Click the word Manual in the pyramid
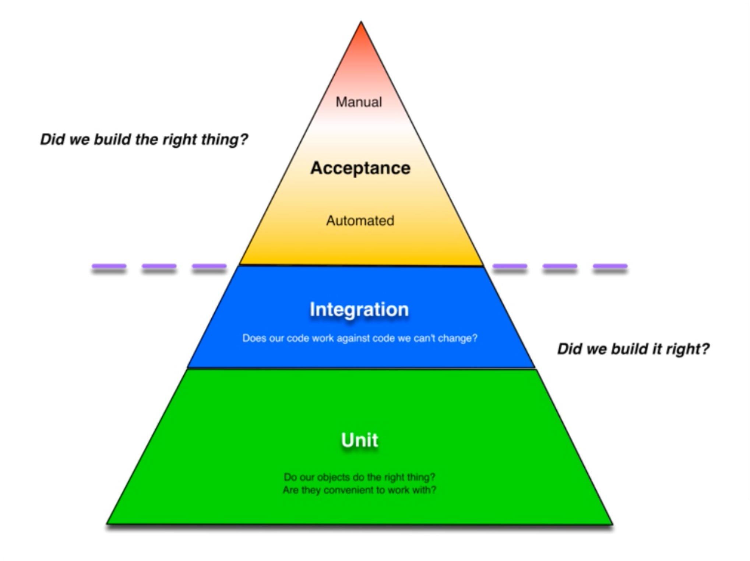[x=359, y=102]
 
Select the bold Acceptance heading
[x=360, y=168]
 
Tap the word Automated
[x=360, y=220]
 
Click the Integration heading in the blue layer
[x=359, y=309]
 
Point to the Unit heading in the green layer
[x=359, y=440]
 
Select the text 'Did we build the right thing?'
[x=144, y=140]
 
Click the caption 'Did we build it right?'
[x=633, y=349]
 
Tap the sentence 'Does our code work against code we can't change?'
[x=359, y=338]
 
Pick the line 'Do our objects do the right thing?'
[x=359, y=477]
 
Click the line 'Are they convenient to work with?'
[x=359, y=490]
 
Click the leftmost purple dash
[x=109, y=266]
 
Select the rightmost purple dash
[x=610, y=266]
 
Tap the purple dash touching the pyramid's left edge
[x=209, y=266]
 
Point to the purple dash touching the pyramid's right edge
[x=510, y=266]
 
